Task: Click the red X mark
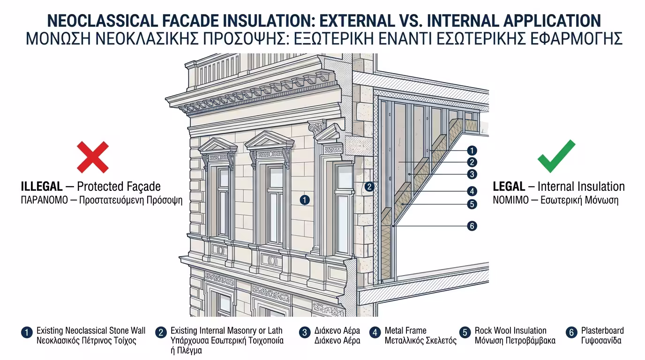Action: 93,157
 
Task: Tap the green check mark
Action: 556,157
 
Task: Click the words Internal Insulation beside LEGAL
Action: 581,186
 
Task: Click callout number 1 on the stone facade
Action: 305,200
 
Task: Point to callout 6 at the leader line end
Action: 472,226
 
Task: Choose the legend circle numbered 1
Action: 27,333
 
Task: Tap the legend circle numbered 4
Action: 375,333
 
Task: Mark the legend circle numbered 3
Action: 305,333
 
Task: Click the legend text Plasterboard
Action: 602,330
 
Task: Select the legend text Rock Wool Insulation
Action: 510,330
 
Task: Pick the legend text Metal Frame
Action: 405,330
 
